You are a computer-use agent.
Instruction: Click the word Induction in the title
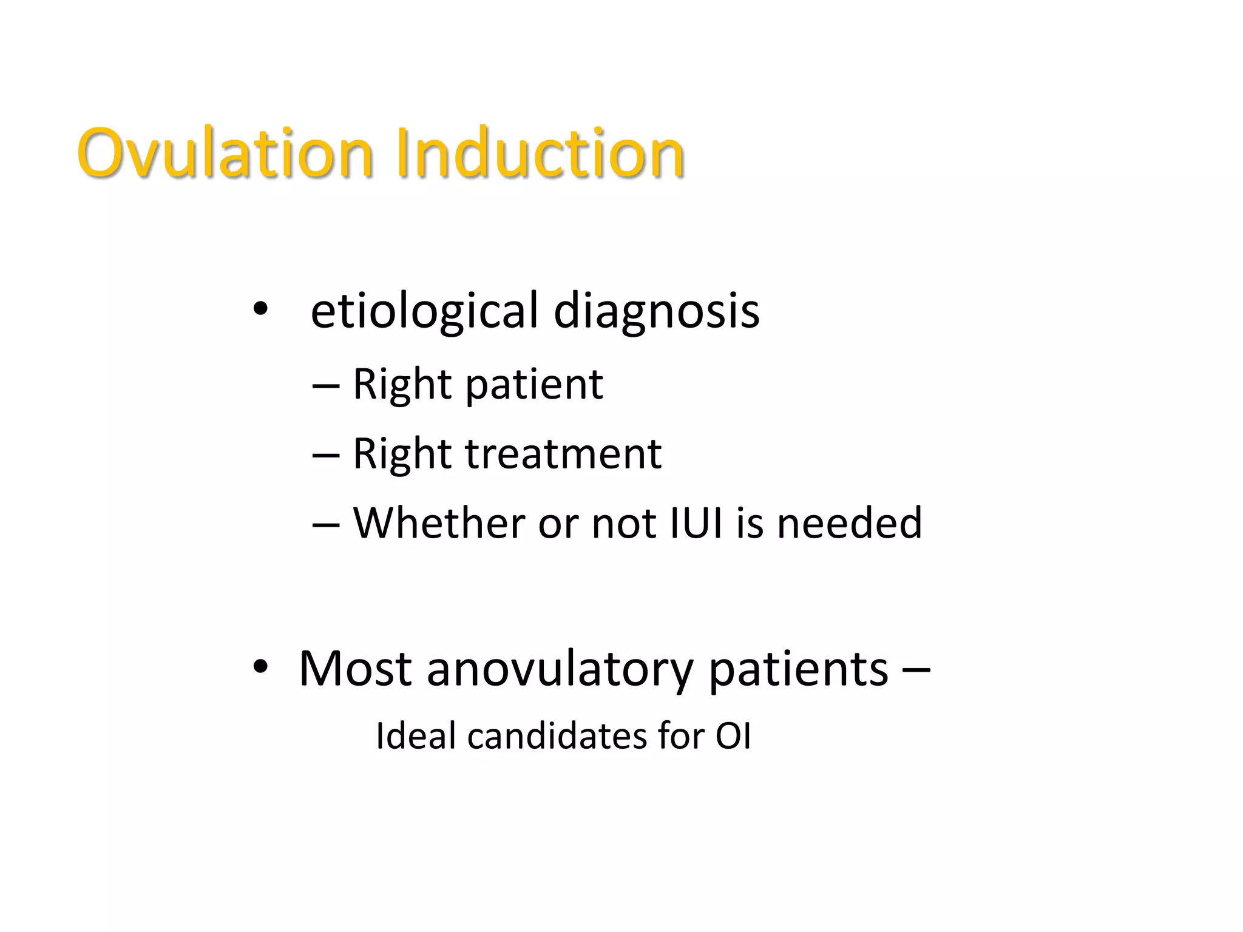tap(540, 153)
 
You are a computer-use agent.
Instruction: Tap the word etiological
tap(424, 311)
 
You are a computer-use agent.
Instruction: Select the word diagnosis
tap(656, 311)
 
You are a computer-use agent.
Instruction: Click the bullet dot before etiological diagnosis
tap(260, 310)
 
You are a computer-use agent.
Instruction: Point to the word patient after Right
tap(534, 385)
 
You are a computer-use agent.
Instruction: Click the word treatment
tap(563, 454)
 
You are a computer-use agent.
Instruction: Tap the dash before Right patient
tap(325, 386)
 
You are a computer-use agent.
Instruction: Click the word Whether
tap(439, 522)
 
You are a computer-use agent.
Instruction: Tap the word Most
tap(355, 669)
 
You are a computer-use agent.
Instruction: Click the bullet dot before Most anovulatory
tap(260, 667)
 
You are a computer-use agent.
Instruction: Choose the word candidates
tap(557, 736)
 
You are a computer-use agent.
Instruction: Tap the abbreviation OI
tap(733, 736)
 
